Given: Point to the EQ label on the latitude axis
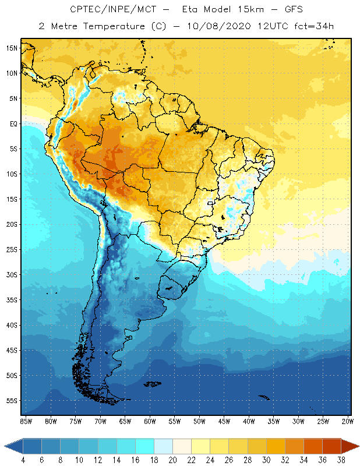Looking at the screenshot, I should [13, 123].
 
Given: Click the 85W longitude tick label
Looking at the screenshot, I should [26, 421].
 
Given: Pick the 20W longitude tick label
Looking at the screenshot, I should [348, 421].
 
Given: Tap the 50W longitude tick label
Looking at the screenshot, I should [199, 421].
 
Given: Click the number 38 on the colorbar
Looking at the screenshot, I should [340, 460].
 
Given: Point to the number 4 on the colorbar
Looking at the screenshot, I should [23, 460].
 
